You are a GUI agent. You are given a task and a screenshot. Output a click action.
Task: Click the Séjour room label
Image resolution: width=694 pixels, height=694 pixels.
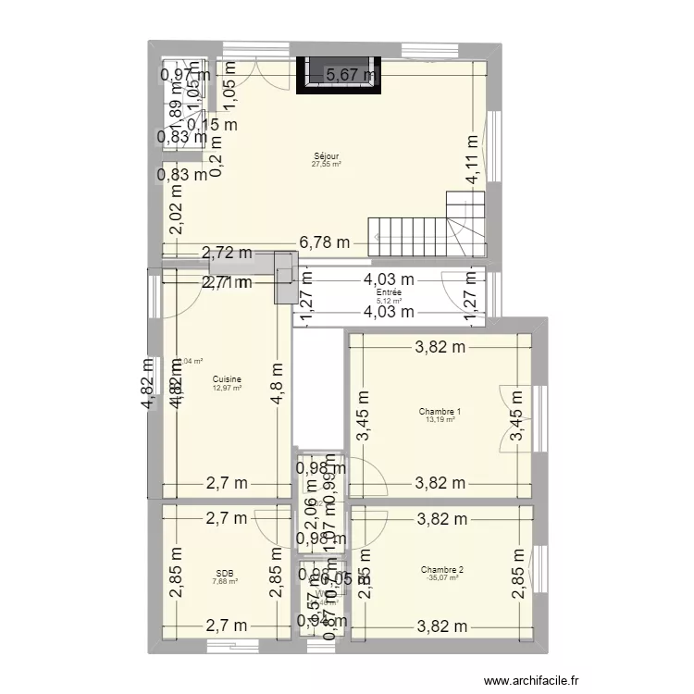(x=326, y=156)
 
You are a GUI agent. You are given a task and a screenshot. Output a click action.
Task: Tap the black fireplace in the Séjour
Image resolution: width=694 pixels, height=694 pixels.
(x=339, y=75)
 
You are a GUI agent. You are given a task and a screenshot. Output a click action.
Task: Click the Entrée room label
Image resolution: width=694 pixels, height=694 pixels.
(x=389, y=293)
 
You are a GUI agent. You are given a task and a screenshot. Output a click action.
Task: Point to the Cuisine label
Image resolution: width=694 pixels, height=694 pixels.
(x=227, y=379)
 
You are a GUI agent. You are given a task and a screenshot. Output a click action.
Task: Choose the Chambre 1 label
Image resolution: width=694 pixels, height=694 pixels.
(x=440, y=412)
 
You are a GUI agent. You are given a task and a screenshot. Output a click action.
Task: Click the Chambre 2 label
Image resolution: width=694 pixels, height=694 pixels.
(x=441, y=570)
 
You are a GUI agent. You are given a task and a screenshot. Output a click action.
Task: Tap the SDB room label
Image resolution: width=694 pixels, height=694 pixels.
(x=224, y=573)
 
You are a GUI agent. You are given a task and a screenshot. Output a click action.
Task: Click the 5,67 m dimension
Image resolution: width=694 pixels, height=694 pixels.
(x=350, y=75)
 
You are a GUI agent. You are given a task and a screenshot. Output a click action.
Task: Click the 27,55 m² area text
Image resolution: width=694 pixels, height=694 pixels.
(x=326, y=165)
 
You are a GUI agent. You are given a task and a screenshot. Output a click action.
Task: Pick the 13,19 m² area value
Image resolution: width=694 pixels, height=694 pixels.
(x=440, y=420)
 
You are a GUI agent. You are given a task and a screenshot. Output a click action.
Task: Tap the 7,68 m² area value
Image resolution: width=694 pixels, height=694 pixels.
(x=224, y=581)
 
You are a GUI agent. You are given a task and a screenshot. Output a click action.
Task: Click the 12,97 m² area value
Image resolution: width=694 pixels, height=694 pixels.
(x=227, y=388)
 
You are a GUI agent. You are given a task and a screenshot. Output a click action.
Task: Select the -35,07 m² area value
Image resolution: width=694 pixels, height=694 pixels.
(x=441, y=578)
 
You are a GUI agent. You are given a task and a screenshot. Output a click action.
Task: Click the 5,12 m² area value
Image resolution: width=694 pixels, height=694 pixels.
(x=389, y=302)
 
